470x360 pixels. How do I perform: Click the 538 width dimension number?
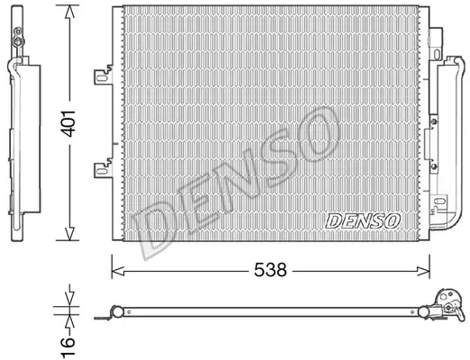270,270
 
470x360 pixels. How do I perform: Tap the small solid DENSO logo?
363,220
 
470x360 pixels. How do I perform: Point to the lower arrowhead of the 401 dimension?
69,232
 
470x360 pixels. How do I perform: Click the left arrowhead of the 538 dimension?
118,272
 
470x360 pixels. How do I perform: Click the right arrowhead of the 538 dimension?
423,272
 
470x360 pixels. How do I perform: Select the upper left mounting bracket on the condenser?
103,76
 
